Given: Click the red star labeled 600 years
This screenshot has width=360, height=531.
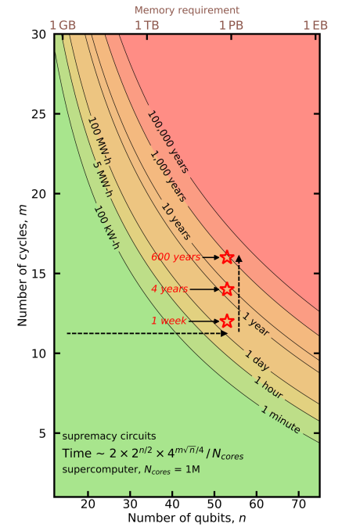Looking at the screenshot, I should coord(227,257).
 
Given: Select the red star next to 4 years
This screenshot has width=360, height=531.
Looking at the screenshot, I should coord(227,289).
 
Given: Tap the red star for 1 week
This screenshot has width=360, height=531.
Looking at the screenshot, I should coord(227,321).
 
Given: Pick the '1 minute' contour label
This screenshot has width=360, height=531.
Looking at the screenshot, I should coord(280,417).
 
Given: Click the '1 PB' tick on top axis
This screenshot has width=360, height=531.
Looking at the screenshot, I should coord(232,25).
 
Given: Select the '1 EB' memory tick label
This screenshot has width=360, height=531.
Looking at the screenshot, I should coord(315,25).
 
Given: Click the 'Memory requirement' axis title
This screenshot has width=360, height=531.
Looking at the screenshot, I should coord(187,10).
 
